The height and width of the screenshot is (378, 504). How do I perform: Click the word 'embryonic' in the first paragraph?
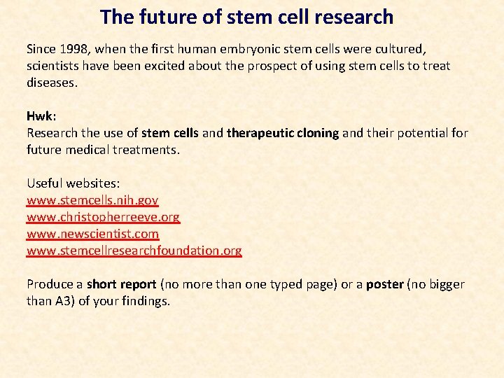click(x=269, y=49)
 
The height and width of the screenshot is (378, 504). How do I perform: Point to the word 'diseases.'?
click(x=52, y=83)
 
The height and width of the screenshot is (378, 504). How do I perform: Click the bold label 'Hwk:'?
click(x=41, y=116)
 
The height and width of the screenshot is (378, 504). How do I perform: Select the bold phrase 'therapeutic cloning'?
click(x=283, y=133)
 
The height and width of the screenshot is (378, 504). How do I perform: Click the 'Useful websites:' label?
click(x=73, y=183)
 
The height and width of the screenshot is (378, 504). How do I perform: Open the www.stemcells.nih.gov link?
click(x=92, y=200)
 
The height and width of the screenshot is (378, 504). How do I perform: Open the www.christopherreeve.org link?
click(x=103, y=217)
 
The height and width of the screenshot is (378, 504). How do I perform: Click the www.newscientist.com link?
click(x=92, y=234)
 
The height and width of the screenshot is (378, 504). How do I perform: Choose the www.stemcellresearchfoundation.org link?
click(x=134, y=251)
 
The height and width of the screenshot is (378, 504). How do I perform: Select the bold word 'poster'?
click(x=386, y=284)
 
